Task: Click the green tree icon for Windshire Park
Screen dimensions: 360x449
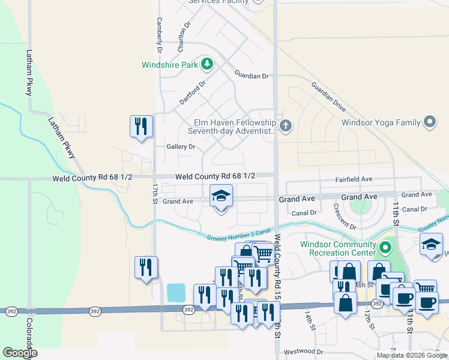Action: point(207,64)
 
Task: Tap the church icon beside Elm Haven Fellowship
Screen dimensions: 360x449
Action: point(286,126)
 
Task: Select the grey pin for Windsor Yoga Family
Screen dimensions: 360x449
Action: point(429,122)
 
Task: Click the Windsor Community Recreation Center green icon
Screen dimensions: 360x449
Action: point(384,247)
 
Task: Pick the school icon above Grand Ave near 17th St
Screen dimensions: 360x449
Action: point(221,196)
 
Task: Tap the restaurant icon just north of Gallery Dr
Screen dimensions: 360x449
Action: point(141,127)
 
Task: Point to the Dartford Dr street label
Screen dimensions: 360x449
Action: point(193,93)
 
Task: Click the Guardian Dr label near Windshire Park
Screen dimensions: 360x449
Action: point(252,76)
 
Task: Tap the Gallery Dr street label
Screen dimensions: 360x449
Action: point(181,146)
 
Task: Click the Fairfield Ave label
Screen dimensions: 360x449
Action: point(354,179)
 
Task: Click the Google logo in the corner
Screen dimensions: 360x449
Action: point(20,353)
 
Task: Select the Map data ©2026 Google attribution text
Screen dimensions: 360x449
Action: point(411,355)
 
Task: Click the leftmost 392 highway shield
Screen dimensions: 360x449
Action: point(11,311)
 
